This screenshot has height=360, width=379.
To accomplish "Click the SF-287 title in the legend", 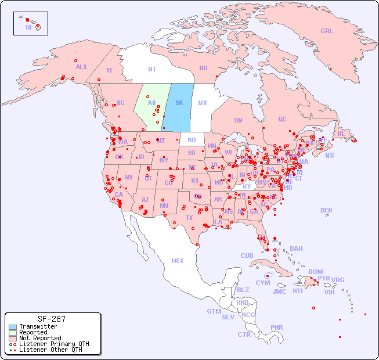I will click(x=51, y=319).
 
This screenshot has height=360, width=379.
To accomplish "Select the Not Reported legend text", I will click(x=40, y=338).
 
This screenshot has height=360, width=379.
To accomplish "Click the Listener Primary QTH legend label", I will click(x=54, y=344).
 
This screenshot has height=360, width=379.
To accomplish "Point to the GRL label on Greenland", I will click(x=327, y=31).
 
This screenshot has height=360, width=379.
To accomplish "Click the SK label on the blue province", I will click(x=179, y=103).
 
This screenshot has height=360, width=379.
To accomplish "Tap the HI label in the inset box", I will click(x=28, y=27).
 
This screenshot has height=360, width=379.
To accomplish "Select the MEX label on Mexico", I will click(x=178, y=261).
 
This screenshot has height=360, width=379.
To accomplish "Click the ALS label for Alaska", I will click(x=81, y=67).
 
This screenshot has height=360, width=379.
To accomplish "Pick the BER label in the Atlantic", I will click(x=327, y=210).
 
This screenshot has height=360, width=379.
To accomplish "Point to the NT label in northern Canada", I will click(x=152, y=69).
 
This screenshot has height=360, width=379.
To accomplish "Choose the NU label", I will click(x=203, y=68).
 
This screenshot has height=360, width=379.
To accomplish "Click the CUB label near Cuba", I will click(x=247, y=255).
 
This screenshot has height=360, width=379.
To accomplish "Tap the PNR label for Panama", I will click(x=277, y=327).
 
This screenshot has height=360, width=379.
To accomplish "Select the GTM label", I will click(x=214, y=311).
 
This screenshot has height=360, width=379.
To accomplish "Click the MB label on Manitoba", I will click(x=203, y=103).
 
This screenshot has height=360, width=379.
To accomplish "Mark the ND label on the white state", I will click(x=192, y=140).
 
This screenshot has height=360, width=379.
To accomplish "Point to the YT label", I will click(x=109, y=70).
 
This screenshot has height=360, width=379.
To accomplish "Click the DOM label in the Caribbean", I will click(x=315, y=272).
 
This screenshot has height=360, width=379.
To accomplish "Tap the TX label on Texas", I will click(x=189, y=218).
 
